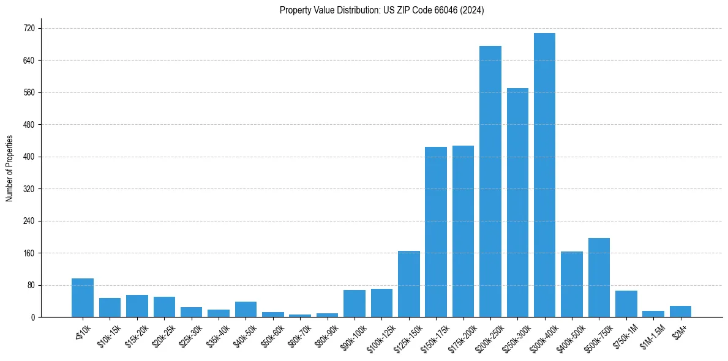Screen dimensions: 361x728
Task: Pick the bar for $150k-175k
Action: click(436, 232)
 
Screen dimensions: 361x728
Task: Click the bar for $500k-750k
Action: click(599, 278)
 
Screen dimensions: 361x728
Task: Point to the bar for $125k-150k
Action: click(408, 284)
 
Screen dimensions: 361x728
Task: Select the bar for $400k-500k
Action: click(571, 285)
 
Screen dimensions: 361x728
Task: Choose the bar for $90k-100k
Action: click(355, 303)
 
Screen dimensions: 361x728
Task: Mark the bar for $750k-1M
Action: click(626, 304)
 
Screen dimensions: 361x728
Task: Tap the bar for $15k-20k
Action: click(137, 306)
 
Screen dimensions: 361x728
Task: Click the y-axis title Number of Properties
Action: click(9, 168)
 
